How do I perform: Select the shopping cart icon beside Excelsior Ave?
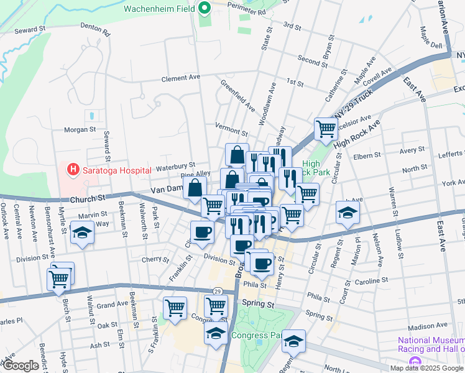click(x=325, y=129)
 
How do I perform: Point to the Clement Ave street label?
click(x=181, y=78)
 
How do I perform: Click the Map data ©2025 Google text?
click(x=426, y=367)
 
